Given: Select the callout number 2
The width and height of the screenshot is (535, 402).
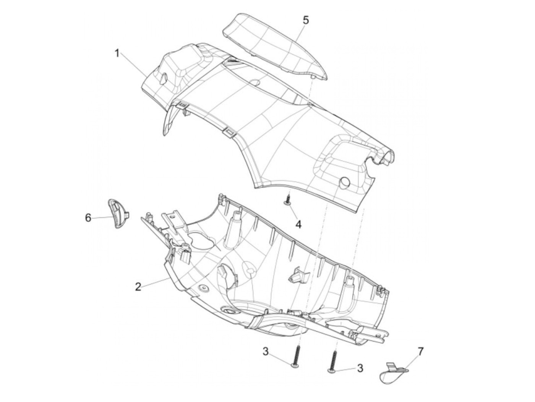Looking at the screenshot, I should click(138, 287).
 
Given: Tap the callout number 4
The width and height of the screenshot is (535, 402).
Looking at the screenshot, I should click(298, 225).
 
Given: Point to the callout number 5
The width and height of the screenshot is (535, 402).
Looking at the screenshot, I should click(306, 20).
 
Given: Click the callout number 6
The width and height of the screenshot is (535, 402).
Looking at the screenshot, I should click(88, 218).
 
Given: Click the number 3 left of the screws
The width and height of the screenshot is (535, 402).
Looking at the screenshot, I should click(266, 351).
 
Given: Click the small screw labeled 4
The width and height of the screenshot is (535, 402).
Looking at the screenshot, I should click(288, 200).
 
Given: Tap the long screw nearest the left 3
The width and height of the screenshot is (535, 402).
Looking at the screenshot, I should click(296, 355).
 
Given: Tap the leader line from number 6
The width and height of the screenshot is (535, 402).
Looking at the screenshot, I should click(102, 217).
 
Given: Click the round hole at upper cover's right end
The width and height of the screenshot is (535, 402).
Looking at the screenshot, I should click(345, 182).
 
